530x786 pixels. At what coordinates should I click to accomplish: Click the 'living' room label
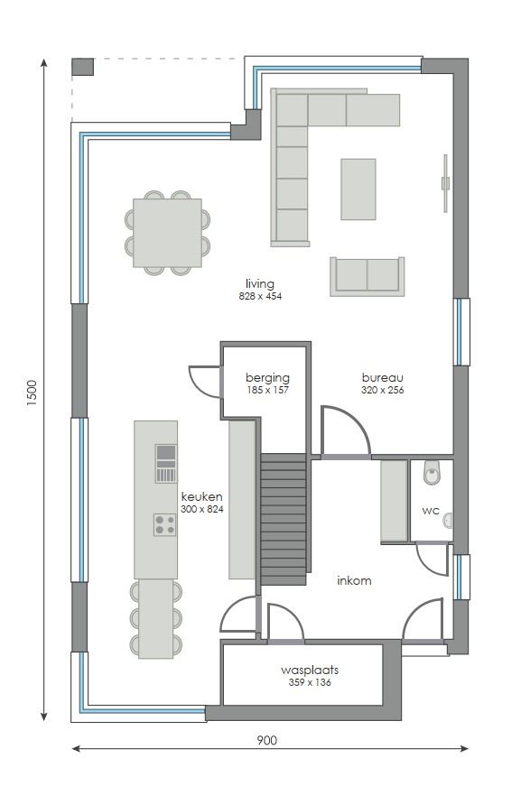(x=259, y=283)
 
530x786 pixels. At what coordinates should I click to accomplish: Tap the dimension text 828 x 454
(x=260, y=296)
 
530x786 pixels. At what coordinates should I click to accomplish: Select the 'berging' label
(x=267, y=377)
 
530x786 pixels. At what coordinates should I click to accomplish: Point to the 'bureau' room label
(x=382, y=377)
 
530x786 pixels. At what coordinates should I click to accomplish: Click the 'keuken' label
(x=201, y=496)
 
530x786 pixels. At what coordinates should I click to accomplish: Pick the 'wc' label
(x=430, y=510)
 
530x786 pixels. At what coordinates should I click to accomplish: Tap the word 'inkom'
(x=354, y=580)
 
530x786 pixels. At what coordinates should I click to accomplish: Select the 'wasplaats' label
(x=310, y=670)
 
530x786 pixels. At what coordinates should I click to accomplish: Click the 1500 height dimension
(x=33, y=393)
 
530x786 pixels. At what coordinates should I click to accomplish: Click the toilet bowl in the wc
(x=432, y=470)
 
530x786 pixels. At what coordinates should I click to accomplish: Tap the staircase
(x=284, y=520)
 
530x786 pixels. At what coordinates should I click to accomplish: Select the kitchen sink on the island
(x=165, y=463)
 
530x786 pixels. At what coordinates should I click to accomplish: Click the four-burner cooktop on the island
(x=164, y=524)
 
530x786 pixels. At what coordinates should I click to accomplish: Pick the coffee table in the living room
(x=358, y=189)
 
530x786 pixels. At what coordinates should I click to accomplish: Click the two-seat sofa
(x=367, y=275)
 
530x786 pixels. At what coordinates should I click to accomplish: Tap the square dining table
(x=167, y=233)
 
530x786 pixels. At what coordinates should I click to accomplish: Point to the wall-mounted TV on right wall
(x=445, y=183)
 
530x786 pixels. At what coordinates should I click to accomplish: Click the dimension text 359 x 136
(x=310, y=683)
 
